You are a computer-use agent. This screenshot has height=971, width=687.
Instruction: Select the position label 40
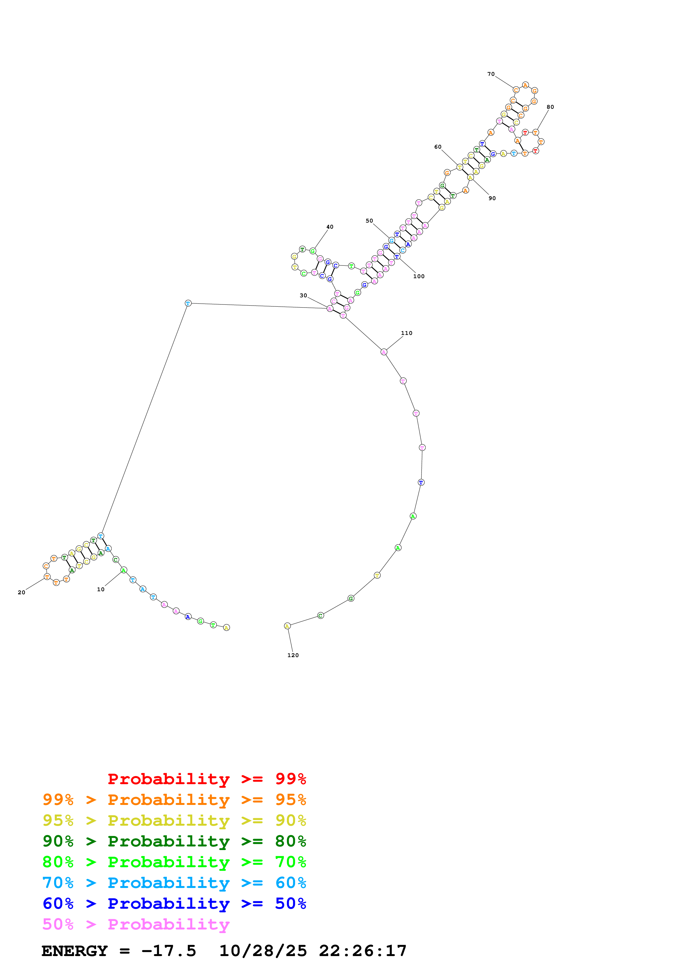coord(330,227)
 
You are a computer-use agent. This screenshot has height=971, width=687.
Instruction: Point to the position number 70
coord(491,74)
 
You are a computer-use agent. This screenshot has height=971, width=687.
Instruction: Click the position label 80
coord(550,107)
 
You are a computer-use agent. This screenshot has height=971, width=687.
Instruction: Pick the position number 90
coord(492,198)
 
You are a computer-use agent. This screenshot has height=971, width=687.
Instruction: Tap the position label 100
coord(419,277)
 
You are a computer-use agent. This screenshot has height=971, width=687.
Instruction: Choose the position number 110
coord(407,333)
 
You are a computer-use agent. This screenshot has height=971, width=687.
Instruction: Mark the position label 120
coord(293,655)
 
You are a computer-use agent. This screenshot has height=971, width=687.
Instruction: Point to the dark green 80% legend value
coord(290,841)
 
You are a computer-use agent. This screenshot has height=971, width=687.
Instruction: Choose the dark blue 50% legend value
coord(290,903)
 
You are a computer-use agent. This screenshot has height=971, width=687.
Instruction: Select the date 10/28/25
coord(263,951)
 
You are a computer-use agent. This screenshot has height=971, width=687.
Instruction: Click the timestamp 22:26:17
coord(363,951)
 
